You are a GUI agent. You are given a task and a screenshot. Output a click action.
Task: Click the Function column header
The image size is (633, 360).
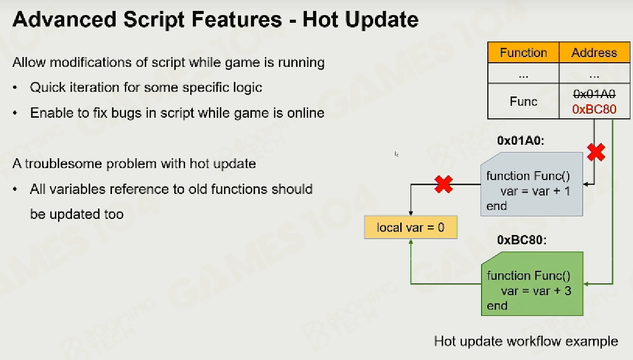524,52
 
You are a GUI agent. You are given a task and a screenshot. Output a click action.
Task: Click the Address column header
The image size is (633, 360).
594,52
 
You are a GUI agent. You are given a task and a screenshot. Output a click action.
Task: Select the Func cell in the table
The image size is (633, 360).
524,101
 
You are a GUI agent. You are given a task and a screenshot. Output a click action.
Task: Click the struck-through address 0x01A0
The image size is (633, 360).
594,94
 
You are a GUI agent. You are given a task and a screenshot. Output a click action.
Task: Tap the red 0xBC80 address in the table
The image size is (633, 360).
594,109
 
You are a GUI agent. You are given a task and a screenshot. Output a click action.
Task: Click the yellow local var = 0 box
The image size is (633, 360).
411,227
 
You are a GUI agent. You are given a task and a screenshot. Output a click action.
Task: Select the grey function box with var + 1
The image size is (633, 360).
532,184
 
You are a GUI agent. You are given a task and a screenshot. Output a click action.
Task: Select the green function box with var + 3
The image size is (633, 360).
532,284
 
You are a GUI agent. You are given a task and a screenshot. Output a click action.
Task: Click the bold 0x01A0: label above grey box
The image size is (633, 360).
521,141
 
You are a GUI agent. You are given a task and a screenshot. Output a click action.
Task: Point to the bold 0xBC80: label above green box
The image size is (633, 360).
522,240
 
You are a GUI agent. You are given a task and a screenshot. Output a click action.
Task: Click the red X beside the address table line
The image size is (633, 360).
596,152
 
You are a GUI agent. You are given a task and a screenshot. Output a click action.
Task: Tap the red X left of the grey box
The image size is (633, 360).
444,184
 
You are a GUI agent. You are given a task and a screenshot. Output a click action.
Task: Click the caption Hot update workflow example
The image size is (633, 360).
526,341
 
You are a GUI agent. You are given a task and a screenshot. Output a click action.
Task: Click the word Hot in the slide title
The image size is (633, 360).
320,20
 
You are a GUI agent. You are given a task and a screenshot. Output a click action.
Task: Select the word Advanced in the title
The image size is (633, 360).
64,20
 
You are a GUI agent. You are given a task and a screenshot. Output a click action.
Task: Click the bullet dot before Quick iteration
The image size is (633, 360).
15,88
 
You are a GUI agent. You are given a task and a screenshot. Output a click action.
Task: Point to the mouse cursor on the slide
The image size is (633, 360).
397,154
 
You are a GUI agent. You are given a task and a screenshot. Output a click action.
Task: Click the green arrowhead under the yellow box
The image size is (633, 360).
411,242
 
